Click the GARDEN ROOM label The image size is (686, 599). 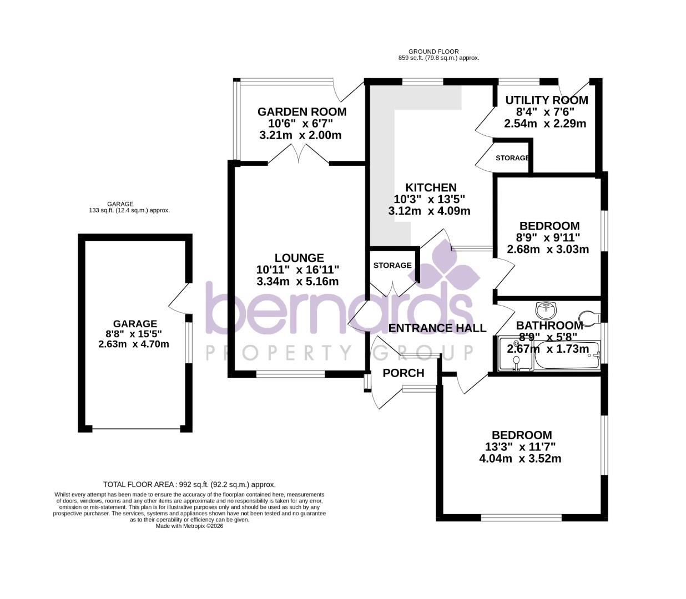pyautogui.click(x=301, y=112)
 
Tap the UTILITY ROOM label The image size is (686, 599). pyautogui.click(x=546, y=100)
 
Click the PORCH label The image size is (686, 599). pyautogui.click(x=403, y=373)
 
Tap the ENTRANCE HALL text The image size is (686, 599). pyautogui.click(x=437, y=328)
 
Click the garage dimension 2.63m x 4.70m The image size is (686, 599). pyautogui.click(x=134, y=344)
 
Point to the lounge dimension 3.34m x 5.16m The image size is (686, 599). pyautogui.click(x=297, y=282)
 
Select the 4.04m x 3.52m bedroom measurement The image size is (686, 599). pyautogui.click(x=520, y=459)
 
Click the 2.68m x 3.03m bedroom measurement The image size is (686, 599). pyautogui.click(x=548, y=250)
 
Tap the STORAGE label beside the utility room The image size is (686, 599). pyautogui.click(x=512, y=158)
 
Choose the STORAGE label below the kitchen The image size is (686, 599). pyautogui.click(x=392, y=266)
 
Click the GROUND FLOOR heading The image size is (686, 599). pyautogui.click(x=433, y=52)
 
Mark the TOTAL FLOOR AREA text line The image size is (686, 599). pyautogui.click(x=189, y=484)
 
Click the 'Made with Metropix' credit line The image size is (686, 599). pyautogui.click(x=189, y=526)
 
